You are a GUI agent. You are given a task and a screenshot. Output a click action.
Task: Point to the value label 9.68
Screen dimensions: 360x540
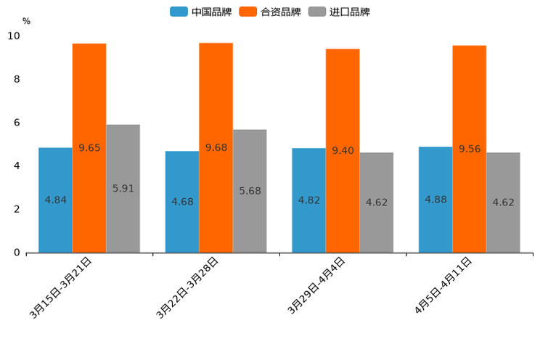216,147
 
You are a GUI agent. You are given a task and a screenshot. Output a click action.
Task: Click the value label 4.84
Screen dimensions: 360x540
56,200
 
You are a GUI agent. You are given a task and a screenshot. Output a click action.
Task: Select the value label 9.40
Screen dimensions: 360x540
343,150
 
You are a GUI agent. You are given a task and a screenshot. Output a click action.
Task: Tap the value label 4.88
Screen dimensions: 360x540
436,200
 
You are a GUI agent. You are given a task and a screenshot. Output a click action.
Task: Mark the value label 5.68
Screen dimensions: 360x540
250,191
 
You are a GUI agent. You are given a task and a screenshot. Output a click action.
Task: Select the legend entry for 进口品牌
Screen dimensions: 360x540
340,12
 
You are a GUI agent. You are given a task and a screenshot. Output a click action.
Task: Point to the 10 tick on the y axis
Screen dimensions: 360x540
14,36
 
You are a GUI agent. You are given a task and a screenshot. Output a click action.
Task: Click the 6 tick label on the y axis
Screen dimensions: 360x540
16,123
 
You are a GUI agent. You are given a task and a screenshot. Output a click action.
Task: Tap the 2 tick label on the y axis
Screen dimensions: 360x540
16,209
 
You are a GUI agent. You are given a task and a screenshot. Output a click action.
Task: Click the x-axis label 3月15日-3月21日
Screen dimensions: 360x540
61,287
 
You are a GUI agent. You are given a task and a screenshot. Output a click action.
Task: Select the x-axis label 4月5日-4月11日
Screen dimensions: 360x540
443,286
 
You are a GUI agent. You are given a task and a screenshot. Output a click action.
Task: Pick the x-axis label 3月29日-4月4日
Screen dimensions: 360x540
316,286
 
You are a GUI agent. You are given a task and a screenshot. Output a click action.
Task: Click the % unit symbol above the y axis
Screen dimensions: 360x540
26,21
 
